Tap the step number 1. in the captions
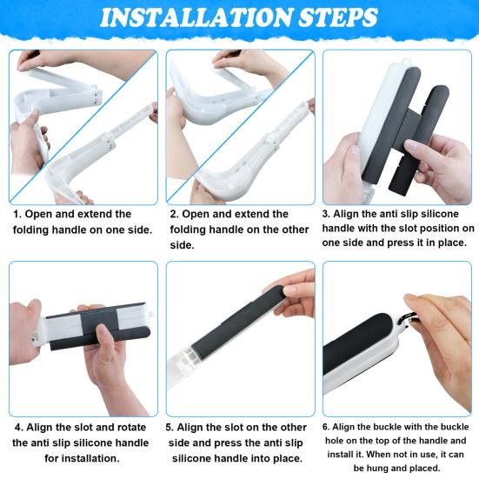[17, 214]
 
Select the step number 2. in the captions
[175, 214]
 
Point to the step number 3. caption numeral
[327, 212]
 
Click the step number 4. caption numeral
[18, 428]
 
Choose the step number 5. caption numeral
[170, 428]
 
